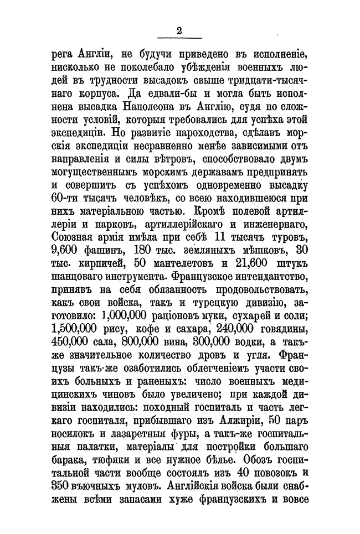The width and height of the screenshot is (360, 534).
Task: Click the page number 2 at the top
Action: click(179, 30)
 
